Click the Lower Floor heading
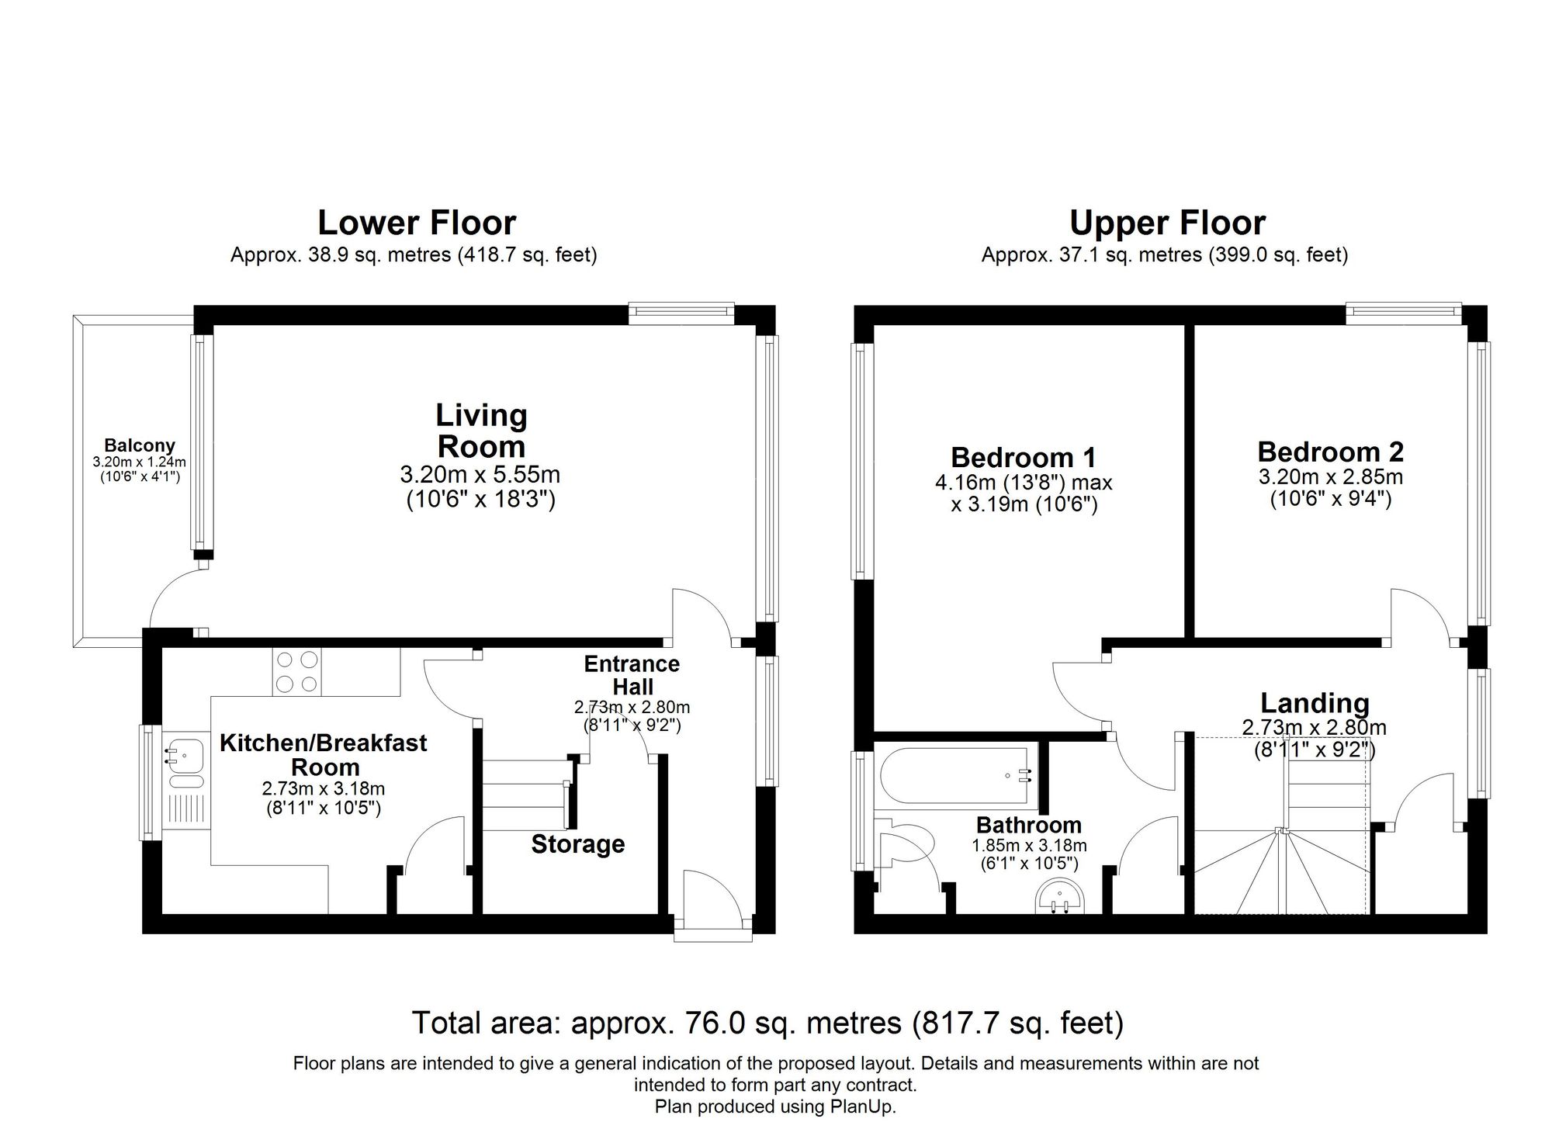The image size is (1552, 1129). pyautogui.click(x=417, y=223)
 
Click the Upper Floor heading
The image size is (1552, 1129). pyautogui.click(x=1167, y=223)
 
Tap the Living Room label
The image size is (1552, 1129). pyautogui.click(x=481, y=431)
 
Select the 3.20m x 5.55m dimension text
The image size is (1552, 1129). pyautogui.click(x=480, y=474)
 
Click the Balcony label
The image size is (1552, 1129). pyautogui.click(x=140, y=445)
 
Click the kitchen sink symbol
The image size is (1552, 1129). pyautogui.click(x=183, y=753)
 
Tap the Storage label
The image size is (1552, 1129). pyautogui.click(x=577, y=844)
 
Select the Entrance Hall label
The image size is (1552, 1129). pyautogui.click(x=632, y=675)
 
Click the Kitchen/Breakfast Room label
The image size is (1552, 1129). pyautogui.click(x=324, y=754)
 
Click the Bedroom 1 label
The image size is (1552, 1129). pyautogui.click(x=1023, y=457)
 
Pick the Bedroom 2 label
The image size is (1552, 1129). pyautogui.click(x=1330, y=452)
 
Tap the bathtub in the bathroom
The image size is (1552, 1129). pyautogui.click(x=954, y=774)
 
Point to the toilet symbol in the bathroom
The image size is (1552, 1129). pyautogui.click(x=908, y=846)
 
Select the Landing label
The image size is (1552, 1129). pyautogui.click(x=1314, y=703)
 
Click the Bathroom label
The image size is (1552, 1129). pyautogui.click(x=1028, y=825)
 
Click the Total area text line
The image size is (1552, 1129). pyautogui.click(x=767, y=1023)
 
